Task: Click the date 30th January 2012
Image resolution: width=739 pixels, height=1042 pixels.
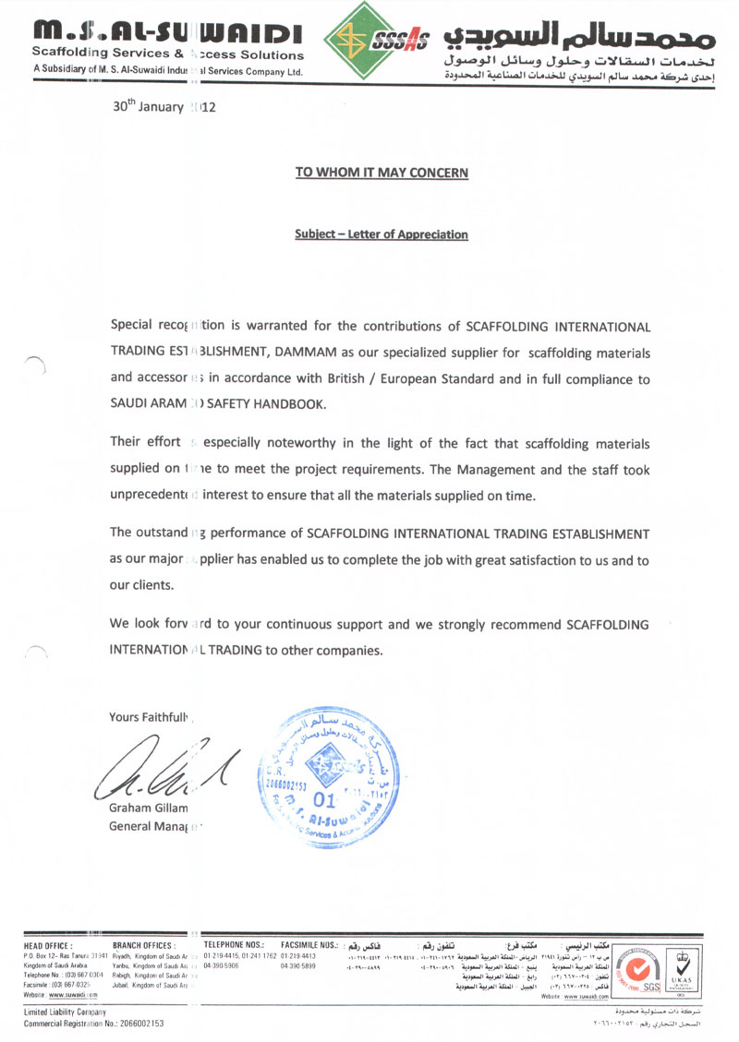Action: pyautogui.click(x=164, y=106)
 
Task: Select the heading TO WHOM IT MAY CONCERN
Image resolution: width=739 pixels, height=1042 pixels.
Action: pyautogui.click(x=382, y=173)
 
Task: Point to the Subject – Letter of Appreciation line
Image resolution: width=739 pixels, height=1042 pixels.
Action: pyautogui.click(x=382, y=234)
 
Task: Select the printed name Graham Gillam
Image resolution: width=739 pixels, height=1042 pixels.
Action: pyautogui.click(x=149, y=808)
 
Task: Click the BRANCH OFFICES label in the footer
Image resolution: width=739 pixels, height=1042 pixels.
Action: pyautogui.click(x=143, y=946)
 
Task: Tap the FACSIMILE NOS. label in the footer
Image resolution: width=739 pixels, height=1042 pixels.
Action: pyautogui.click(x=309, y=946)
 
